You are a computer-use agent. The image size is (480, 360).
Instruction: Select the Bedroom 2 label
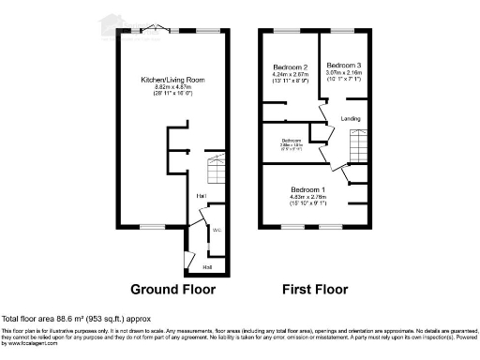click(x=291, y=67)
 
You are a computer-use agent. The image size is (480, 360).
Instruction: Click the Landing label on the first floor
click(x=351, y=118)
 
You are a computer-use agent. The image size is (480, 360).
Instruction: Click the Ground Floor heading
click(x=172, y=289)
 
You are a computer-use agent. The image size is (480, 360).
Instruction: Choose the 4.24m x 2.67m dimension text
click(x=291, y=74)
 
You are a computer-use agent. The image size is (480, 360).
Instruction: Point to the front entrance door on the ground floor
click(x=190, y=260)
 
